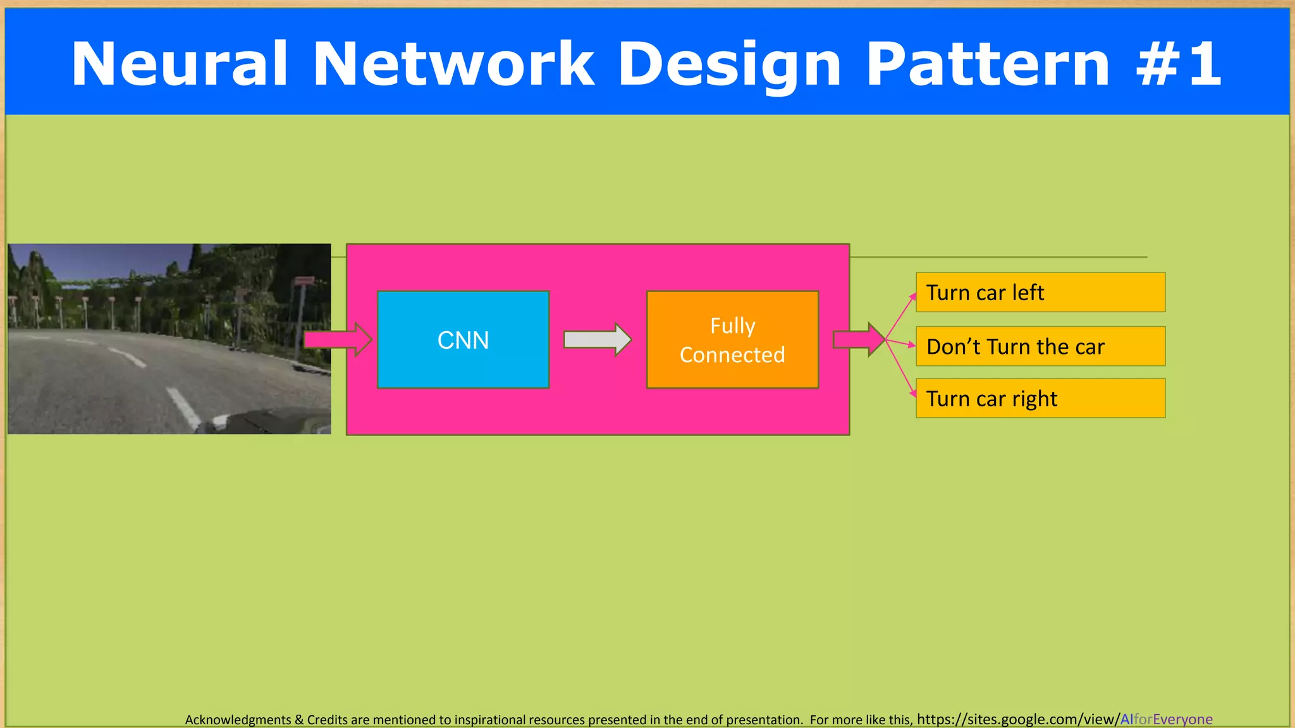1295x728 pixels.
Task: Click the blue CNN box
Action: pos(463,339)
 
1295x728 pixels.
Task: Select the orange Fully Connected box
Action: pos(732,339)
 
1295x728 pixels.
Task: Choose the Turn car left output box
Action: pos(1040,292)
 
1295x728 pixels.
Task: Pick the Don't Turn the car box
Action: pos(1040,346)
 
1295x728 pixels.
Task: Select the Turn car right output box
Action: pos(1040,398)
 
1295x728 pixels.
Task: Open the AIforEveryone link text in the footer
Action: pos(1166,719)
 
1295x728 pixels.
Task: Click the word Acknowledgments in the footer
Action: pos(238,720)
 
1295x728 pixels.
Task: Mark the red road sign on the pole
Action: pos(304,281)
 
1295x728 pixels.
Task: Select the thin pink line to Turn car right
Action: pos(900,367)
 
